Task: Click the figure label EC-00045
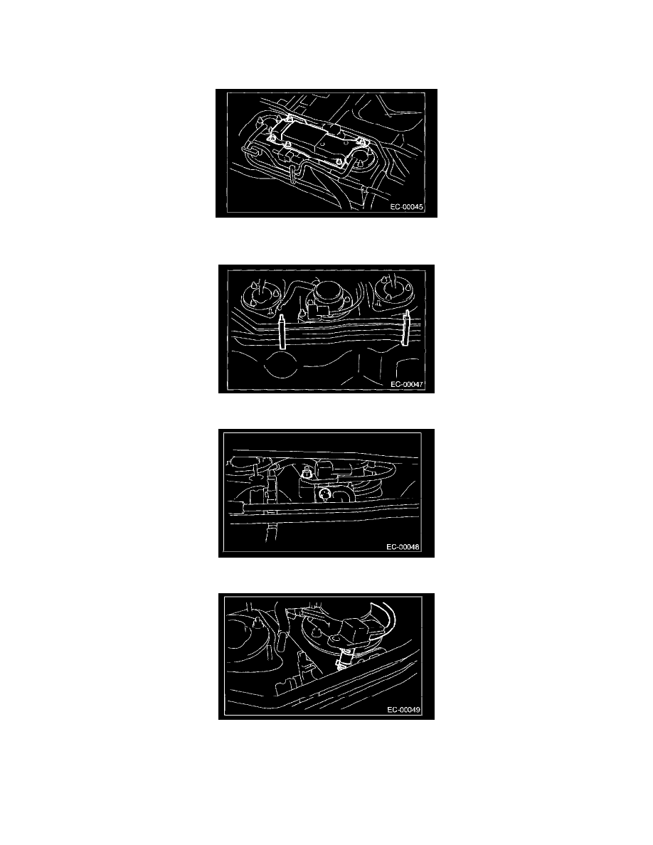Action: click(x=407, y=207)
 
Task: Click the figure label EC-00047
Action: click(x=407, y=384)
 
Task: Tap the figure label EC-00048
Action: click(x=403, y=546)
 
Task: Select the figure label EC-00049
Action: click(x=403, y=710)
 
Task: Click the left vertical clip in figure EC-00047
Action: click(x=282, y=333)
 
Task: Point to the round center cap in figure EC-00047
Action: click(x=327, y=292)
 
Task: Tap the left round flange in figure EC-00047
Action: click(x=261, y=294)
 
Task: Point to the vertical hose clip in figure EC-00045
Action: click(x=292, y=175)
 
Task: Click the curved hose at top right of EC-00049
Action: click(x=386, y=620)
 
